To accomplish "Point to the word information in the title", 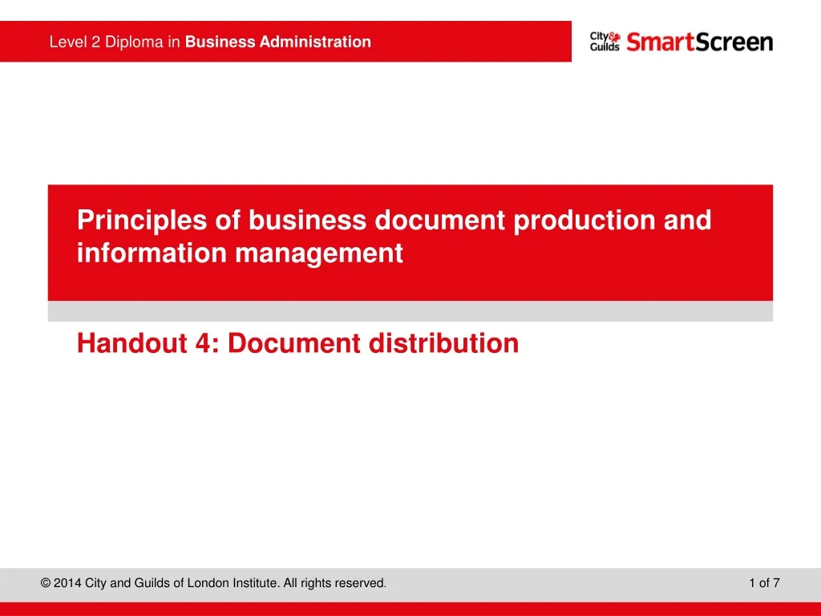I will click(x=152, y=253).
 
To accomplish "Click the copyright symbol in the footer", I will click(x=46, y=583).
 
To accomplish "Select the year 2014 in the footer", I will click(x=67, y=583).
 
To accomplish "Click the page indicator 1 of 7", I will click(x=764, y=583).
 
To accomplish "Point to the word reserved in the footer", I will click(x=360, y=583).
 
